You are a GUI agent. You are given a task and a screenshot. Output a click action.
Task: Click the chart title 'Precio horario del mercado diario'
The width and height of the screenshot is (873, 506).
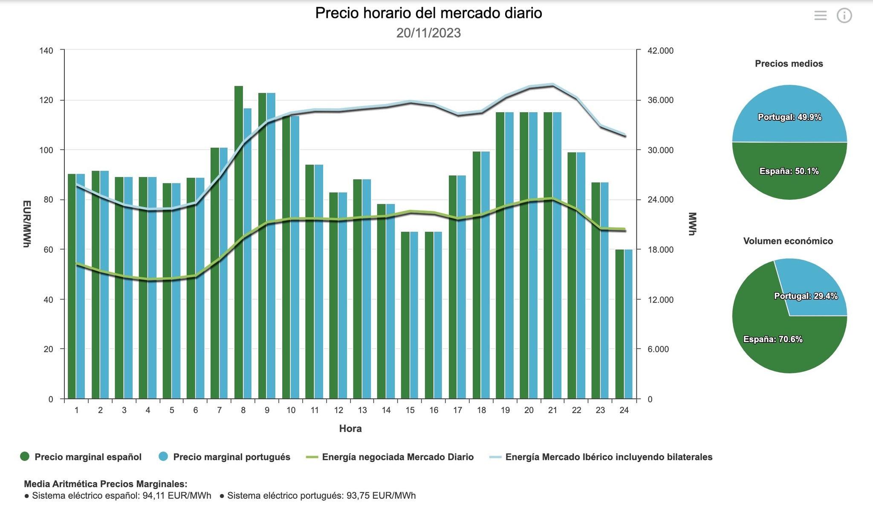point(428,13)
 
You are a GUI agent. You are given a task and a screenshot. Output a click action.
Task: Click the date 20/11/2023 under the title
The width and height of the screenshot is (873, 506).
point(428,33)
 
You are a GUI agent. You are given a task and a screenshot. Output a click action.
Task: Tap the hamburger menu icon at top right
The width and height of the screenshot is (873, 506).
point(820,16)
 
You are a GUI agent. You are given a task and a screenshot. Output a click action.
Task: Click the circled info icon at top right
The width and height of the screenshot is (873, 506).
point(844,16)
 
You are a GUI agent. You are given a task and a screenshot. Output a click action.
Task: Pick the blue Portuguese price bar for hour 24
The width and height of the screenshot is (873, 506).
point(628,324)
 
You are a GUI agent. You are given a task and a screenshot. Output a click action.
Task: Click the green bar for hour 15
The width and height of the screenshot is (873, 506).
point(405,316)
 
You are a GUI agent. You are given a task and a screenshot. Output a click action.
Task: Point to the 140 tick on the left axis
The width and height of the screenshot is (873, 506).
point(46,51)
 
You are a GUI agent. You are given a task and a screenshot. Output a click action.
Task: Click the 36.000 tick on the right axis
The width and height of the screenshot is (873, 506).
point(660,100)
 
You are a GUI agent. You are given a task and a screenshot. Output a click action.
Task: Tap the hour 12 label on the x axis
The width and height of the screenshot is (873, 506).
point(338,410)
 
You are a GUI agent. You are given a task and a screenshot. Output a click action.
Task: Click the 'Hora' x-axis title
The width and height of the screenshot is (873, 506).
point(350,429)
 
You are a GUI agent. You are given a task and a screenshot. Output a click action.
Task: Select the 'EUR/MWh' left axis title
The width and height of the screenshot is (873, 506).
point(26,224)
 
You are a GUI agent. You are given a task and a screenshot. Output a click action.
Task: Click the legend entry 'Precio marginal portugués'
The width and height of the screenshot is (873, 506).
point(231,457)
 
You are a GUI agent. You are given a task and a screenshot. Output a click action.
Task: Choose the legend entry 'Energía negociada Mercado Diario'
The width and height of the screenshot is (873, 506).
point(398,457)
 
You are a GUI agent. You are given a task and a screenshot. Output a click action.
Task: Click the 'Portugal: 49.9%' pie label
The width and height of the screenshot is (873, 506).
point(789,117)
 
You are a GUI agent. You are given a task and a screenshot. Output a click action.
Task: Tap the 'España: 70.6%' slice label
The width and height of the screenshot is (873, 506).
point(773,339)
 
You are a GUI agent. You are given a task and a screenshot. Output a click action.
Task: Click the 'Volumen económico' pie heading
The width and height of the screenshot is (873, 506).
point(788,241)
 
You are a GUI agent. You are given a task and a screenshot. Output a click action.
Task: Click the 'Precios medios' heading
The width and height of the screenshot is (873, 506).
point(789,64)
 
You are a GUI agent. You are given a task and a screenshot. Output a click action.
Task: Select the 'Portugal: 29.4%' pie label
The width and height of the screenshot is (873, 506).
point(806,296)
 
